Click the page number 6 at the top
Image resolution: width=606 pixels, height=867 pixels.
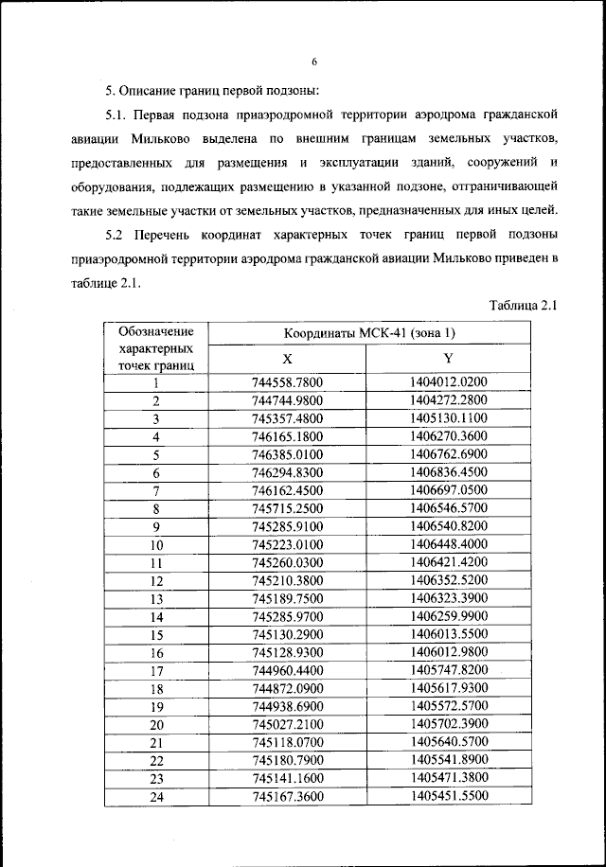[313, 62]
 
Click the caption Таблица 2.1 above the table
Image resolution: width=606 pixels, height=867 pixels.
[526, 305]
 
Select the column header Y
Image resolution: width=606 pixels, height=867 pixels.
[449, 360]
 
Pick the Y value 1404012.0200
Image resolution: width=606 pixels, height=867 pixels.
[449, 382]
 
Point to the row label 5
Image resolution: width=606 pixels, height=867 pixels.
[156, 455]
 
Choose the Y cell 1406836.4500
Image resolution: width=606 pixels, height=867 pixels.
[449, 472]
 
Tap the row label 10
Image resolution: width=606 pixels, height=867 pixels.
[156, 545]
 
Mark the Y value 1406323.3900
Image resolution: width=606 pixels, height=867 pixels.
[449, 599]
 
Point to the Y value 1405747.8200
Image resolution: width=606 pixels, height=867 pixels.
[449, 670]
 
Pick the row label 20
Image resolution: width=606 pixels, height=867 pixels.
[156, 725]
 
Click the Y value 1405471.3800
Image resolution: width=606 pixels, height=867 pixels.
[449, 778]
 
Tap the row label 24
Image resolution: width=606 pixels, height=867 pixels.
[156, 797]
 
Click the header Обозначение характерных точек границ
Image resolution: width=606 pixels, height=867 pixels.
[156, 347]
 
